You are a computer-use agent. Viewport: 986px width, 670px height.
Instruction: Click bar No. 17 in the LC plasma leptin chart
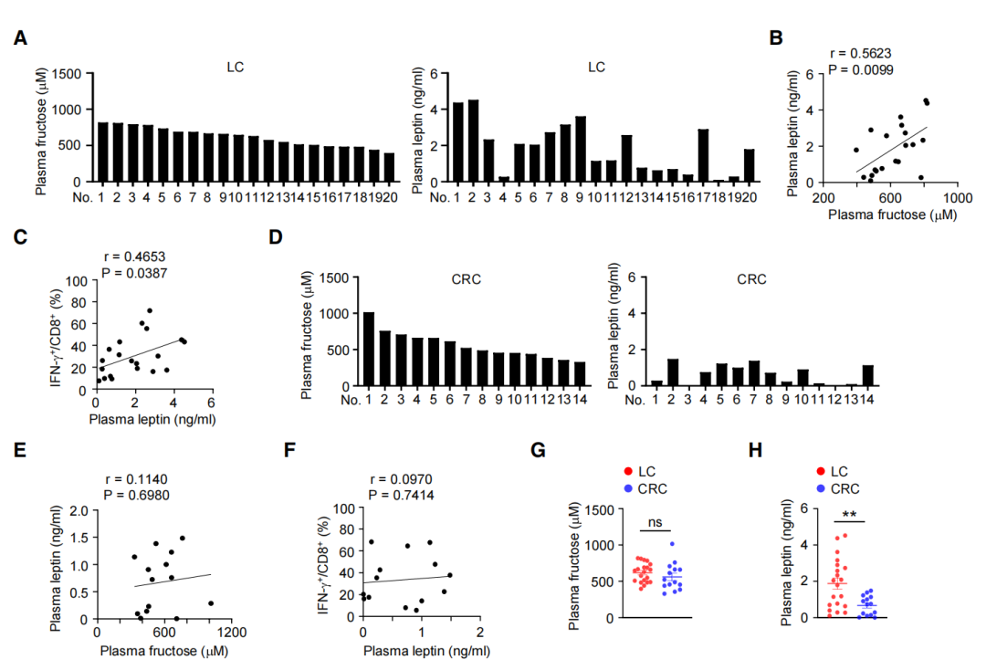(x=703, y=155)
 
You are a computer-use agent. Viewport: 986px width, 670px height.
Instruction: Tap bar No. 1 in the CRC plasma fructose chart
(x=369, y=349)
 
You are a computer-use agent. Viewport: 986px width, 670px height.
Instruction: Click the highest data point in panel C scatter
(x=150, y=310)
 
